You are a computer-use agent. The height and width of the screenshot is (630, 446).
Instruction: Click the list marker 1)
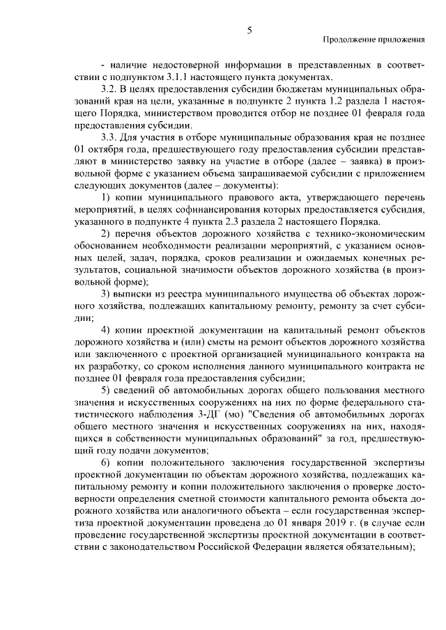[x=107, y=200]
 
